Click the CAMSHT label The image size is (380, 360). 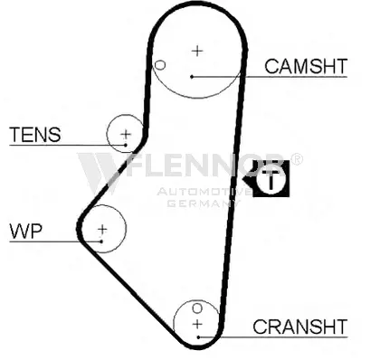tap(306, 66)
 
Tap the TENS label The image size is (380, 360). tap(35, 135)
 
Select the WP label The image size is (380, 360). tap(26, 232)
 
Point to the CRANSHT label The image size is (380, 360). tap(300, 327)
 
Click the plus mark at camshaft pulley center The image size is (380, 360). tap(197, 51)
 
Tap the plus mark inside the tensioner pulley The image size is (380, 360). tap(126, 134)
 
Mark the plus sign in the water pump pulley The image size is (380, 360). tap(102, 230)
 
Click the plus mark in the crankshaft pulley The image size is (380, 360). tap(197, 325)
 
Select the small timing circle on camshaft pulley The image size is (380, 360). tap(160, 65)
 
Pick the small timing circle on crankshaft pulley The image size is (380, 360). tap(197, 308)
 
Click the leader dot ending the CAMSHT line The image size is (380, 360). tap(192, 77)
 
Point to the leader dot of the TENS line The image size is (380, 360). tap(126, 146)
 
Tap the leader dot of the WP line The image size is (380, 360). tap(101, 242)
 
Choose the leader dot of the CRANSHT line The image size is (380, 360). tap(198, 337)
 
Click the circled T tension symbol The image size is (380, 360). tap(271, 179)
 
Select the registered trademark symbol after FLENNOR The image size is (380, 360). tap(297, 159)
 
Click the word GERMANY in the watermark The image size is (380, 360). tap(204, 204)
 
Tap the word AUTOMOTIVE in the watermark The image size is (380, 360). tap(204, 192)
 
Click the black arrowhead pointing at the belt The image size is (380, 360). tap(248, 180)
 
